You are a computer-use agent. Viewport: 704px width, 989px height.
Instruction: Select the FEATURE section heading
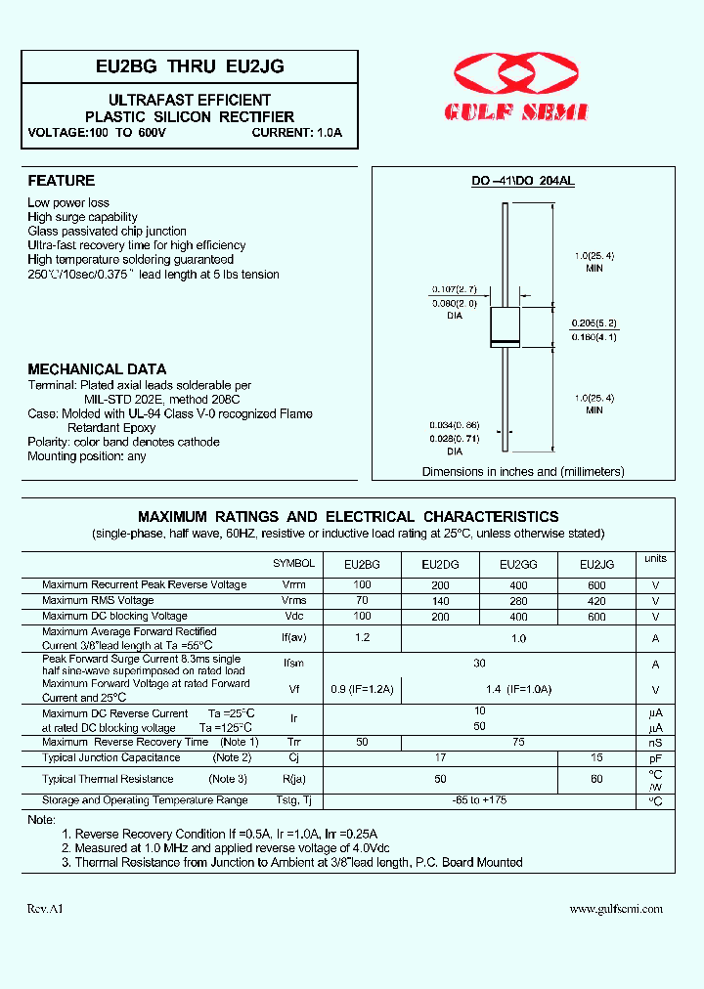(61, 181)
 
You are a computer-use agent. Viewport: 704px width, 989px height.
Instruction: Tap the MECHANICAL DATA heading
(97, 369)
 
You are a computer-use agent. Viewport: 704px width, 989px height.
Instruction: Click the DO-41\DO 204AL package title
(522, 182)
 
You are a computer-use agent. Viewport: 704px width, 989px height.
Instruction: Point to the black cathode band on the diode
(505, 341)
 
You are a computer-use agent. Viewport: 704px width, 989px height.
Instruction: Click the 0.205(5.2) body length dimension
(595, 322)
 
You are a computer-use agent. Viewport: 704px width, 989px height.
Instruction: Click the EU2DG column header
(440, 564)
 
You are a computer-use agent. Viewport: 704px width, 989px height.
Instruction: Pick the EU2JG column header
(597, 564)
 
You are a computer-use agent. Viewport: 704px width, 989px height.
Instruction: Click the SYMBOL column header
(293, 564)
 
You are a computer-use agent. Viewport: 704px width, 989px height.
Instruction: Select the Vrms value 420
(597, 601)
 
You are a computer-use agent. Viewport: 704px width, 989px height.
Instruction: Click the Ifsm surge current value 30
(479, 664)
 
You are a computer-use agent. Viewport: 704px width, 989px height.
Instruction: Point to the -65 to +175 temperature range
(479, 800)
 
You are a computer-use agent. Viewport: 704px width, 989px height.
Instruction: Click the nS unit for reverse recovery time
(655, 743)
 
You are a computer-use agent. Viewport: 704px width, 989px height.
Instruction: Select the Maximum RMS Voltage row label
(98, 600)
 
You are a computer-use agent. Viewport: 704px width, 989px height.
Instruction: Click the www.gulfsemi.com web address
(616, 909)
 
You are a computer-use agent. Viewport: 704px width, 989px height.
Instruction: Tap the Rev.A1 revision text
(45, 909)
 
